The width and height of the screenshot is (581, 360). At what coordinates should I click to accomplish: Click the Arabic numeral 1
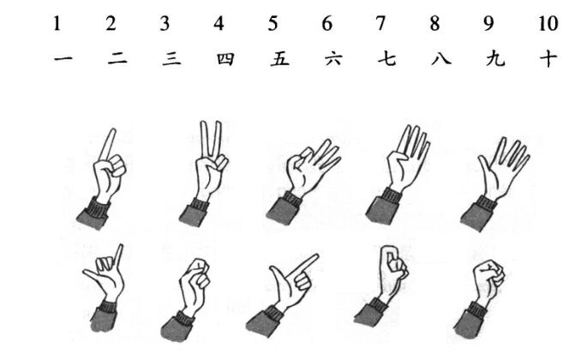click(x=57, y=23)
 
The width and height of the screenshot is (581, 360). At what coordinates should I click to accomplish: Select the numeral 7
click(x=380, y=23)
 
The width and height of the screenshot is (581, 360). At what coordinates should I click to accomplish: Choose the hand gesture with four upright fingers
click(x=402, y=171)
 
